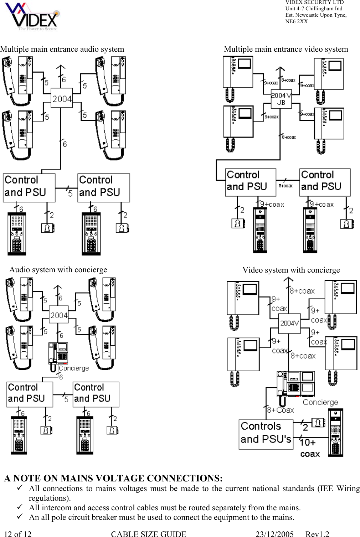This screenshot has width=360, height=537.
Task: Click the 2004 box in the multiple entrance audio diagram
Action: (x=62, y=99)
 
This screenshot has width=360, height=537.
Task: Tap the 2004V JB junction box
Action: (x=281, y=99)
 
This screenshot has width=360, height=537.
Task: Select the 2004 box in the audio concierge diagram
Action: (x=59, y=315)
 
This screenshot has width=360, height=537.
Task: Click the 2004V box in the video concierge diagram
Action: (x=289, y=323)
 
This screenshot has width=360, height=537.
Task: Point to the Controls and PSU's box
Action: (x=266, y=433)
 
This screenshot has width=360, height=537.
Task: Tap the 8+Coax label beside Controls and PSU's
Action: (x=281, y=410)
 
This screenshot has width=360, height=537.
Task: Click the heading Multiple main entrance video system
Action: (x=286, y=49)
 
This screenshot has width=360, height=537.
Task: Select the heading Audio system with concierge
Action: (x=58, y=270)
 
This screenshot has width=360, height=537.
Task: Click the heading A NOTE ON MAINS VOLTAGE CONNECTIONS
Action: (x=113, y=478)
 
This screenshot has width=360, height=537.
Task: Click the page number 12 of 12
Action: (x=18, y=534)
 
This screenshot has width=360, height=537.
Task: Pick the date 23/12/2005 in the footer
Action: (x=274, y=534)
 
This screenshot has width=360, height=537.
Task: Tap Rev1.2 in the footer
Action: (x=317, y=534)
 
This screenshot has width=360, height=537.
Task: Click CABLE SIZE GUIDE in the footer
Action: (x=149, y=534)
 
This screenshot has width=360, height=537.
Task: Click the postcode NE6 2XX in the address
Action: (x=296, y=21)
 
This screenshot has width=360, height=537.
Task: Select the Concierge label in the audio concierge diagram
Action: (x=74, y=368)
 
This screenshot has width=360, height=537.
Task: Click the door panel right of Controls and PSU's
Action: (x=335, y=433)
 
